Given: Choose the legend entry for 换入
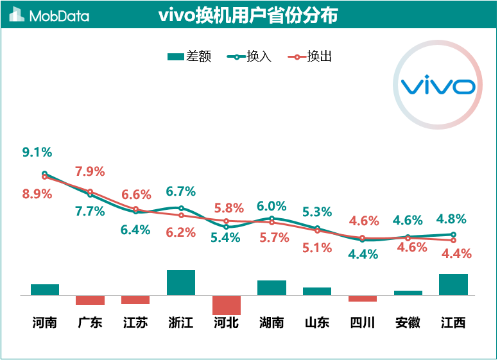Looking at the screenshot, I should [250, 56].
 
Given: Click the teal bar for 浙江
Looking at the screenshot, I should [181, 282].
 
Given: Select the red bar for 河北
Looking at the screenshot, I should [226, 305].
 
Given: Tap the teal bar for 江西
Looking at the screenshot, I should [453, 284].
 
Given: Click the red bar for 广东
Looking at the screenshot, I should [90, 300].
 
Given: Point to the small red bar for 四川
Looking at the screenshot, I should [363, 298].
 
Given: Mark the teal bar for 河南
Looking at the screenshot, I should [45, 289].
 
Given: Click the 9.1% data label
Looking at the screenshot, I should [37, 152].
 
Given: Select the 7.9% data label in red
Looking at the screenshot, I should [90, 171].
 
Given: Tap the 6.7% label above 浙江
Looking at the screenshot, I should [180, 191].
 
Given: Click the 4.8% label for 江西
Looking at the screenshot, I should [451, 218].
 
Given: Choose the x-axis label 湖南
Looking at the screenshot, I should [272, 322].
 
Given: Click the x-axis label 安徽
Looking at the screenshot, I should [408, 322].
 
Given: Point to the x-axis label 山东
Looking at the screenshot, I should [316, 322].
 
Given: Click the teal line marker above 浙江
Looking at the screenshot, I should [181, 208].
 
